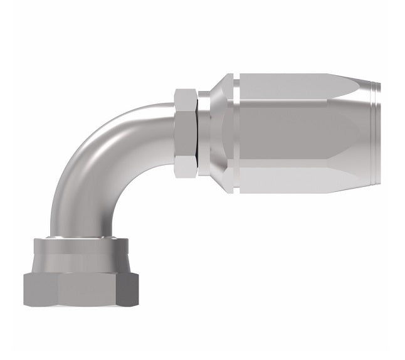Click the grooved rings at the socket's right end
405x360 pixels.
pyautogui.click(x=374, y=133)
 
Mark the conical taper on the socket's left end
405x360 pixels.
pyautogui.click(x=219, y=133)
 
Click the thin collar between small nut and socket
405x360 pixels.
pyautogui.click(x=204, y=133)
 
